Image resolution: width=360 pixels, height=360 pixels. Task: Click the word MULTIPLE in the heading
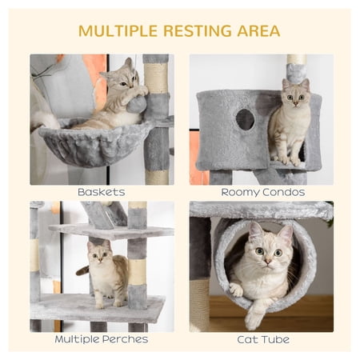click(x=118, y=30)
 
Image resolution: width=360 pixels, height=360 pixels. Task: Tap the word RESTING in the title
click(x=198, y=30)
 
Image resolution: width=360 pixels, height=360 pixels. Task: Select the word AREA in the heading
click(x=258, y=30)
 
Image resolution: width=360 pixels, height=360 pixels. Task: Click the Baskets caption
click(x=102, y=192)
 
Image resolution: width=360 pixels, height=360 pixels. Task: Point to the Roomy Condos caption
click(x=263, y=192)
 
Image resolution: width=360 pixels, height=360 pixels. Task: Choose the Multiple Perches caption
click(x=102, y=339)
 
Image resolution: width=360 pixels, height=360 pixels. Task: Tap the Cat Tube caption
click(x=263, y=339)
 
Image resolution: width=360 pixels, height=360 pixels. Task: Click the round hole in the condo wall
click(x=245, y=120)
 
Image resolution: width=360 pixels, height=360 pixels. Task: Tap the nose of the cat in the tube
click(x=267, y=261)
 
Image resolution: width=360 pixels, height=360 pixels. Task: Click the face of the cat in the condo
click(x=295, y=95)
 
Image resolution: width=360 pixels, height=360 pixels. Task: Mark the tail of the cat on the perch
click(x=83, y=270)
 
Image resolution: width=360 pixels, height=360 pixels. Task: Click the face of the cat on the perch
click(x=99, y=254)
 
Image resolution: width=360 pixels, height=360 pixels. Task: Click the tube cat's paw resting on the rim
click(x=236, y=290)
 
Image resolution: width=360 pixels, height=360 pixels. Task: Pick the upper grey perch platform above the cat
click(x=111, y=230)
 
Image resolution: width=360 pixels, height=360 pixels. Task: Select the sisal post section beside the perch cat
click(x=137, y=271)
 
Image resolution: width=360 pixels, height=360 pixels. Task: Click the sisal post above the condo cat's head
click(x=297, y=59)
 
